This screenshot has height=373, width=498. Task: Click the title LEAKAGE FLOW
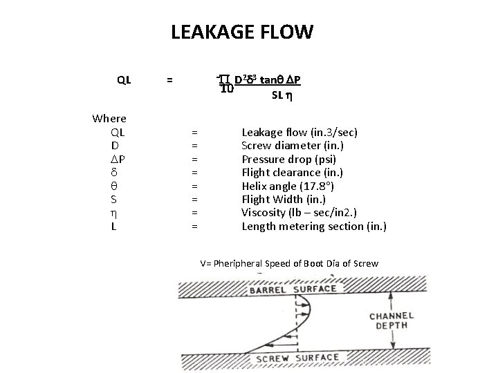tap(241, 32)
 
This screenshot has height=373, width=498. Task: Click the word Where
tap(109, 118)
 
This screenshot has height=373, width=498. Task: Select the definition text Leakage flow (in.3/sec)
tap(299, 131)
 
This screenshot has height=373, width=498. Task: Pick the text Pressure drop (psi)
tap(288, 159)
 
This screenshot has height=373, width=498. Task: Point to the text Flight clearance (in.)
tap(292, 172)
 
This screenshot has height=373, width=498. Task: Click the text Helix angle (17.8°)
tap(289, 186)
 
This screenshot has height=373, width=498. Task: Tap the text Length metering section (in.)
tap(313, 226)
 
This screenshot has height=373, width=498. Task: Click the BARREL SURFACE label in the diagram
tap(293, 289)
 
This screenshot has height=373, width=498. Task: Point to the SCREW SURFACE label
tap(297, 358)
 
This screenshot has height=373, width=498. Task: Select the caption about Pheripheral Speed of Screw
tap(289, 264)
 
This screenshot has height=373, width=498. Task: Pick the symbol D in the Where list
tap(114, 145)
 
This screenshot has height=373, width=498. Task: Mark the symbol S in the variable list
tap(114, 199)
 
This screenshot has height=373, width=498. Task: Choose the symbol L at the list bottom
tap(114, 226)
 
